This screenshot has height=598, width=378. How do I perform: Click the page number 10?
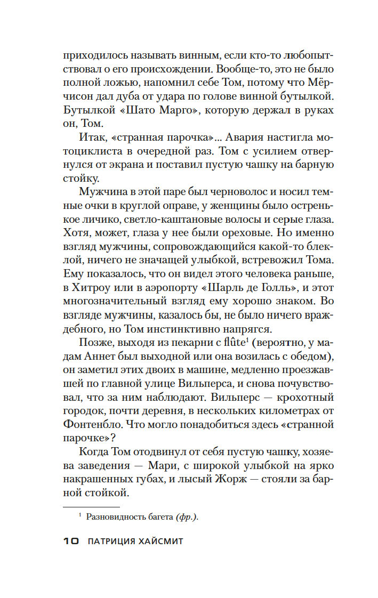click(x=70, y=541)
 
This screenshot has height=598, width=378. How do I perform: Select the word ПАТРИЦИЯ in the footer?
click(x=112, y=541)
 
